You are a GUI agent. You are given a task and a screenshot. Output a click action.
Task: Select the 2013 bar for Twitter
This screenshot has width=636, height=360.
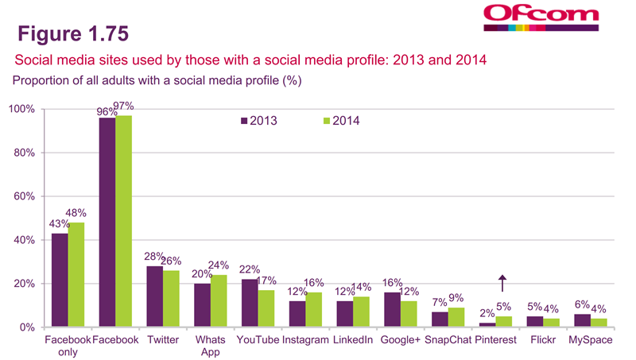(154, 296)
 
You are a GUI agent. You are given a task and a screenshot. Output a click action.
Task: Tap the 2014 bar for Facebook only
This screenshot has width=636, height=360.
(76, 275)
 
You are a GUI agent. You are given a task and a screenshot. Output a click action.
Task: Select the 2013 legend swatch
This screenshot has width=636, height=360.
(244, 121)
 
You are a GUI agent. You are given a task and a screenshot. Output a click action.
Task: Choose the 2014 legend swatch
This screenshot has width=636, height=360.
(326, 121)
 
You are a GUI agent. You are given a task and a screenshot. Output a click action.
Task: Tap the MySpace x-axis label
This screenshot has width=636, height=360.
(589, 340)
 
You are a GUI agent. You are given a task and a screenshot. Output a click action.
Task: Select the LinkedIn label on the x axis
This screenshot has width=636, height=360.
(351, 340)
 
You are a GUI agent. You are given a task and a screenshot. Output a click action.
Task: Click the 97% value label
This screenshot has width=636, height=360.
(124, 106)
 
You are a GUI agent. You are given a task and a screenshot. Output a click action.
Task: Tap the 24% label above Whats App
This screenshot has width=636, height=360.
(219, 265)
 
